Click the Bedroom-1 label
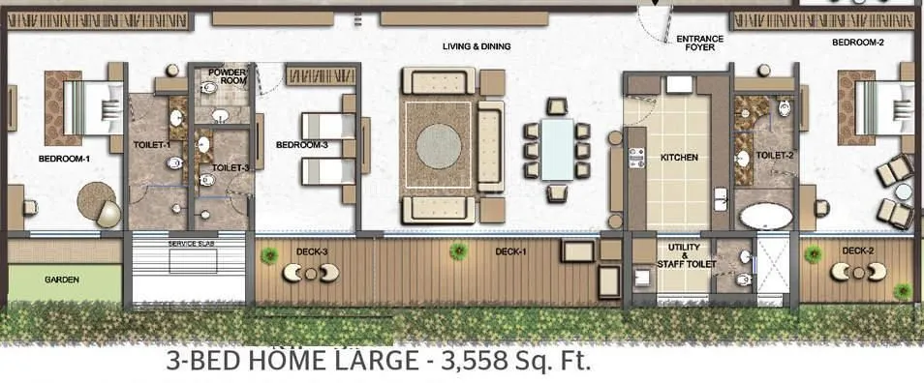click(64, 159)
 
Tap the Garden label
click(62, 280)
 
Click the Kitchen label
click(679, 158)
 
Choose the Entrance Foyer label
click(699, 44)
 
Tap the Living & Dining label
click(477, 46)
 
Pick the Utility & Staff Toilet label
click(684, 256)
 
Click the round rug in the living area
click(439, 146)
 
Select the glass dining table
click(557, 150)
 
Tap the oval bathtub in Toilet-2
click(766, 217)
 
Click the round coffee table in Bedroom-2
click(904, 192)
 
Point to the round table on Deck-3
click(311, 274)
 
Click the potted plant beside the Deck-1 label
click(458, 251)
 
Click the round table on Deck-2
click(858, 273)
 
